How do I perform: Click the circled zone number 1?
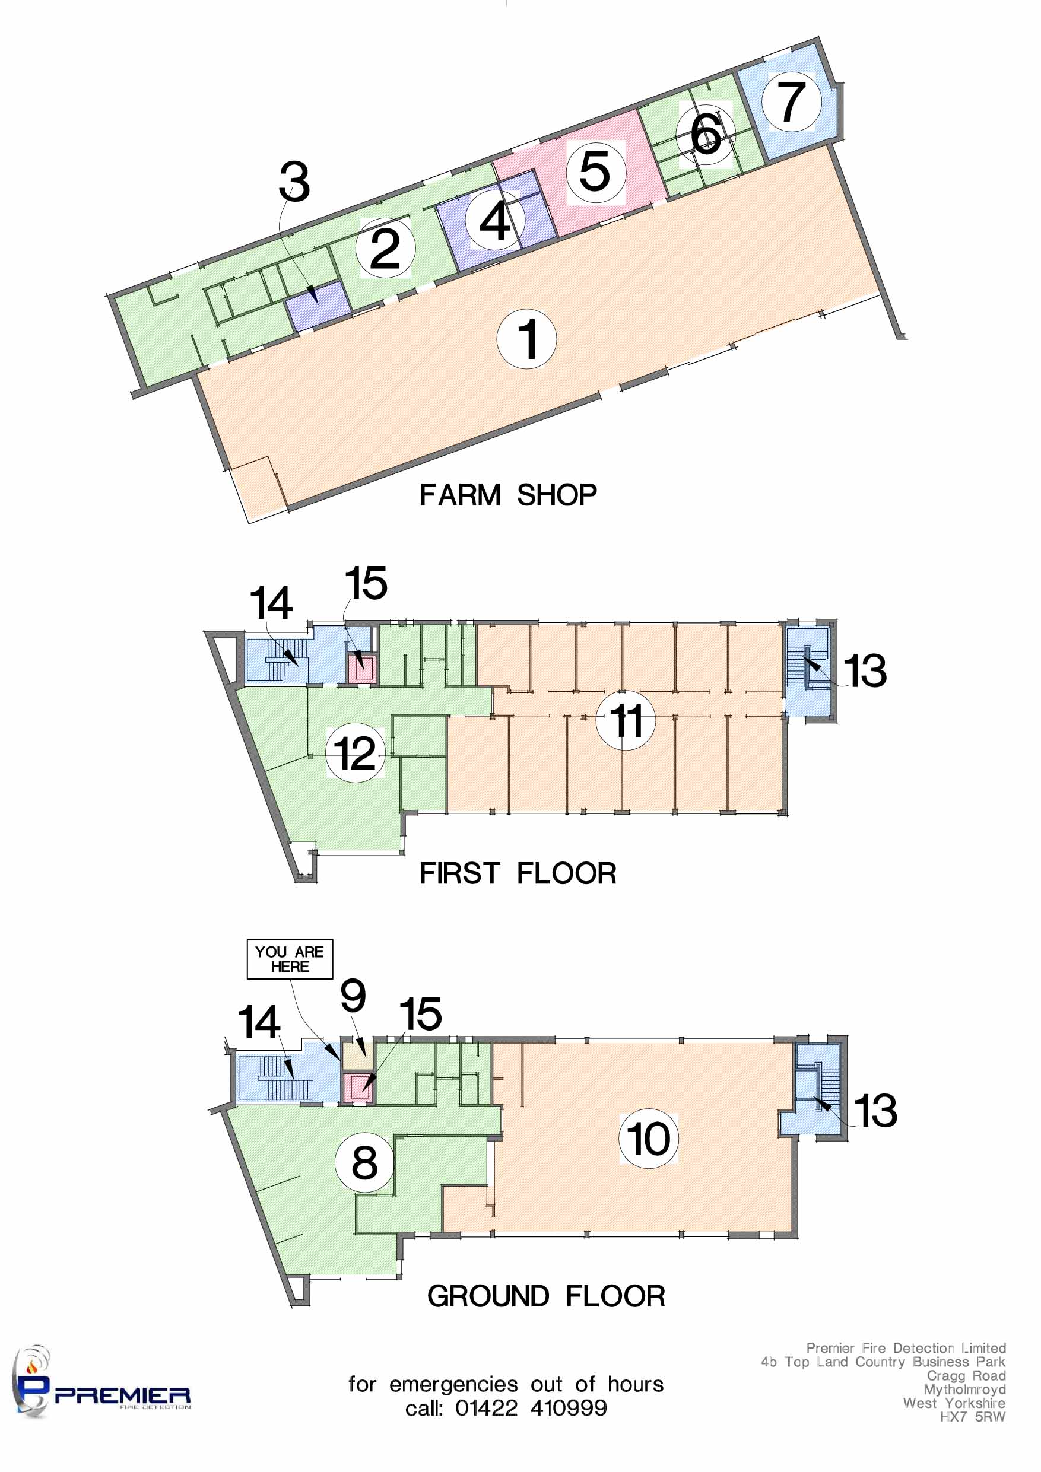pos(526,339)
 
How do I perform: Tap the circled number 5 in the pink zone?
pos(596,173)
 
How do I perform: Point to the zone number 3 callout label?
pos(294,182)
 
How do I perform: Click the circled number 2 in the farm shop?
pos(386,247)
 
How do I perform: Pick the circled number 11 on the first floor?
pos(626,721)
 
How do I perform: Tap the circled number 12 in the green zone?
pos(356,753)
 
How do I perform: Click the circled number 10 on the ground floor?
pos(649,1139)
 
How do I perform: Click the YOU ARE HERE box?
pos(290,959)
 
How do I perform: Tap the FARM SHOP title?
pos(508,495)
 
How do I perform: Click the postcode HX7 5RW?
pos(972,1417)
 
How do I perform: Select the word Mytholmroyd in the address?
pos(964,1390)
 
